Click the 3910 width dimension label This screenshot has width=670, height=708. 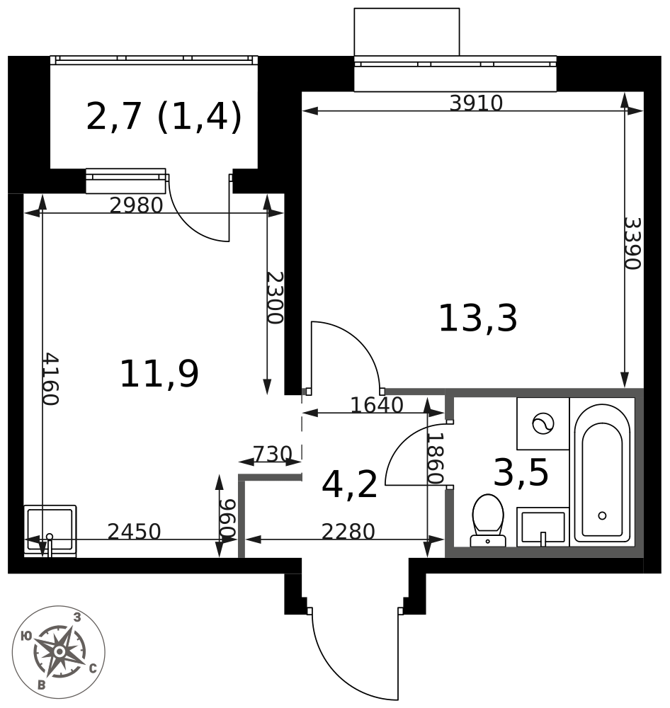(476, 103)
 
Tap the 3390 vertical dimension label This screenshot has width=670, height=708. (631, 243)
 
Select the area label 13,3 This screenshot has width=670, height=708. (478, 319)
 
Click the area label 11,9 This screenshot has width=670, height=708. (159, 375)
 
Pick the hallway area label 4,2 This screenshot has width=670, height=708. (349, 486)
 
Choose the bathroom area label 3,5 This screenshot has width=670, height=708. (521, 473)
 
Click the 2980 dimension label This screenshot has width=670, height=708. (136, 205)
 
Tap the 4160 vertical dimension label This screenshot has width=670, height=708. (49, 379)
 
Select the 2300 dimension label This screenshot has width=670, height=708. (274, 297)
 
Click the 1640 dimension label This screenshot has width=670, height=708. (377, 405)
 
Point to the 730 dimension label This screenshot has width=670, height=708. (272, 454)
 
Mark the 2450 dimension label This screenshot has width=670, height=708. (134, 532)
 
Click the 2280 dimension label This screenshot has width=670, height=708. (348, 532)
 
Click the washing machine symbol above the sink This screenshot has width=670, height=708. (543, 423)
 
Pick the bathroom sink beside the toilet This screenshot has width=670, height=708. (543, 527)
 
